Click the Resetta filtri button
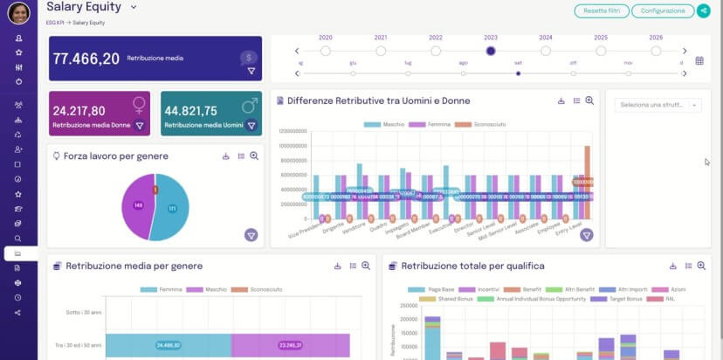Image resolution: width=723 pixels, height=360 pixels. tap(601, 10)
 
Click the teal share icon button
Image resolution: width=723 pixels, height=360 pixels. tap(704, 10)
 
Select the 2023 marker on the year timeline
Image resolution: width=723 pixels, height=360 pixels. tap(491, 51)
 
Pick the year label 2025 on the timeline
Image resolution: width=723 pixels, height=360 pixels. tap(601, 38)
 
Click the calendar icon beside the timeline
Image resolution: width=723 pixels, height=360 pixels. tap(699, 60)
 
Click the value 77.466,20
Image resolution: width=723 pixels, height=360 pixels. tap(86, 59)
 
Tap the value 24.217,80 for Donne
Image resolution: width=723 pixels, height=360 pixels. tap(79, 111)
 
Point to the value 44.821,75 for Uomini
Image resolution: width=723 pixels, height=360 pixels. tap(190, 111)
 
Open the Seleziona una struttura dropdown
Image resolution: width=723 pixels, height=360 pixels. tap(658, 105)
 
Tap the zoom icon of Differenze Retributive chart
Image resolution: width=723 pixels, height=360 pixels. tap(589, 100)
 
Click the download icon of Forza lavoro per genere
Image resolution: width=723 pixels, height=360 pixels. tap(225, 156)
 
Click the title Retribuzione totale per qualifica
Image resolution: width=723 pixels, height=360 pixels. tap(472, 266)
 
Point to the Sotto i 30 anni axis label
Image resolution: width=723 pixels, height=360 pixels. tap(85, 311)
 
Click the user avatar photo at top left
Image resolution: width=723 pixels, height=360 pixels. tap(18, 12)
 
